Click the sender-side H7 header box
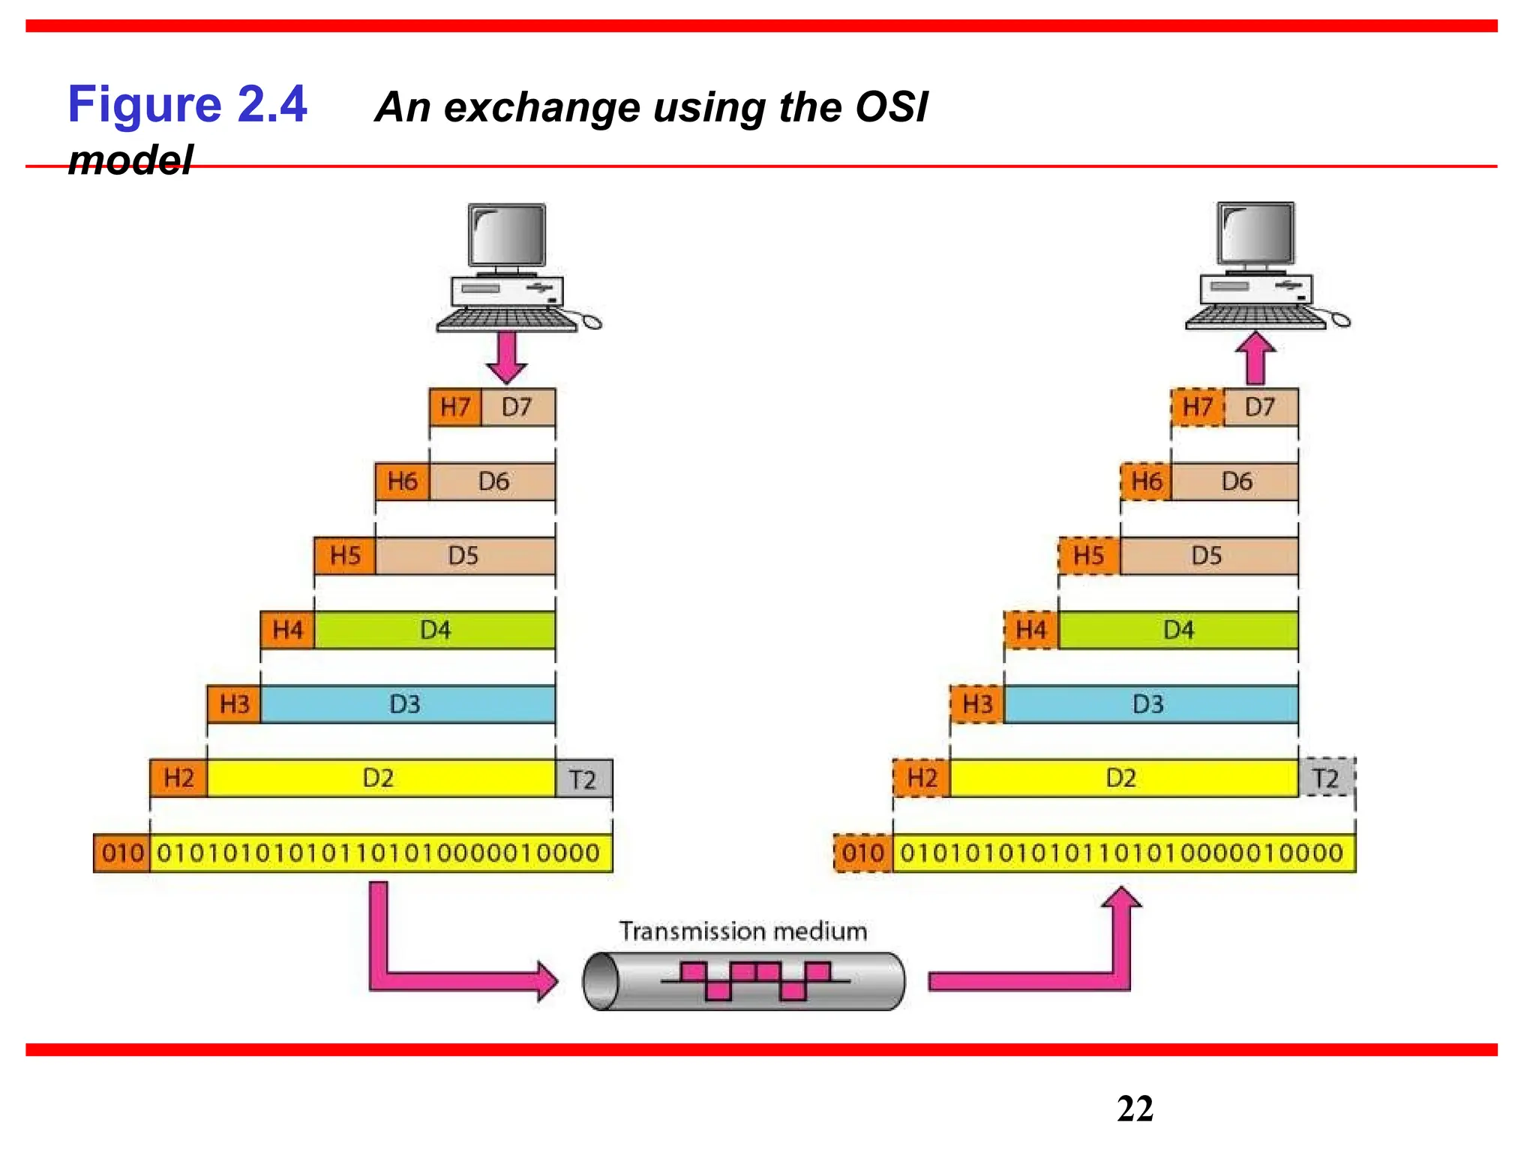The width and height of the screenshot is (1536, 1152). (455, 407)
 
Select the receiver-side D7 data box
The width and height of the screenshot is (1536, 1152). (1260, 407)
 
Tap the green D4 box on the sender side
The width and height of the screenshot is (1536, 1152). (435, 630)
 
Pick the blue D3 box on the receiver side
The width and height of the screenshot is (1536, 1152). (1149, 704)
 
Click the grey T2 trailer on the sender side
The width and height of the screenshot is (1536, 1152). (583, 778)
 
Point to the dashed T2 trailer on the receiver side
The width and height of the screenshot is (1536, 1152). (1326, 778)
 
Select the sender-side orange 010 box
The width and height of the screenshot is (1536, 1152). (122, 853)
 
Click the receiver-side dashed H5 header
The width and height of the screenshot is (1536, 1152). (1088, 556)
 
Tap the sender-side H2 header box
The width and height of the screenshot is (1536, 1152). (178, 778)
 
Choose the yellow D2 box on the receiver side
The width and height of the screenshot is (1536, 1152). (1122, 778)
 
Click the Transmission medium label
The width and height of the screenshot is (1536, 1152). (743, 931)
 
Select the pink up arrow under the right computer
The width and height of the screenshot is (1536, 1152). (1255, 358)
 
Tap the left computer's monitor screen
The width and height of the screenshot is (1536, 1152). (507, 234)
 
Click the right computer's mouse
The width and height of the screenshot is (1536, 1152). (1339, 321)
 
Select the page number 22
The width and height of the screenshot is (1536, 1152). (1134, 1108)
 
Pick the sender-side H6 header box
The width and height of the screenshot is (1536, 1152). (402, 481)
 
